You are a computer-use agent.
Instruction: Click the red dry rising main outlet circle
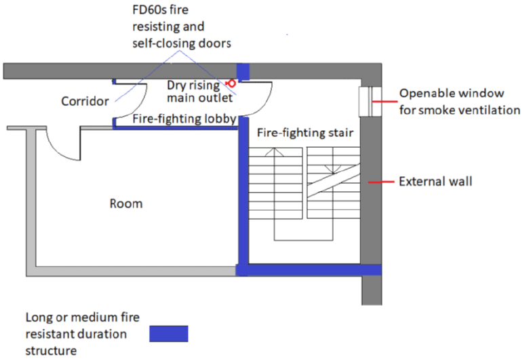point(231,83)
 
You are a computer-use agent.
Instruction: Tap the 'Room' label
point(126,203)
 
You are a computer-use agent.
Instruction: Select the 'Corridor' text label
point(85,102)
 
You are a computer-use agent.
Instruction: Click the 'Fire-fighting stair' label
point(304,133)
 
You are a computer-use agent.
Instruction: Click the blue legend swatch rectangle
point(166,333)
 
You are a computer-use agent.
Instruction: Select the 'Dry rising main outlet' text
point(199,92)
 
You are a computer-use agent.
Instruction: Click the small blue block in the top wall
point(243,71)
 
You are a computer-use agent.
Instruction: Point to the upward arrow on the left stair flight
point(275,153)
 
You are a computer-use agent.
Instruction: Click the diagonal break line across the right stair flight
point(332,184)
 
